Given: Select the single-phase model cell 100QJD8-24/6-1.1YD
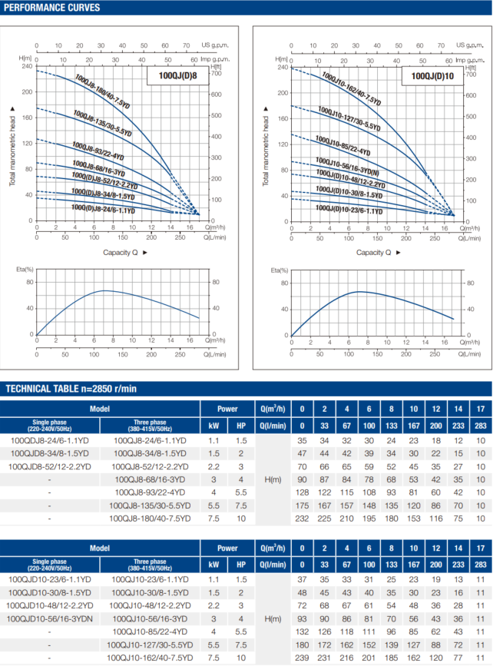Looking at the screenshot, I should [50, 439].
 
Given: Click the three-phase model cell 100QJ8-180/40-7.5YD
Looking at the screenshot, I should [150, 518].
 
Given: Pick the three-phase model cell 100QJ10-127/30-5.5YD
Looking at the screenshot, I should [150, 645].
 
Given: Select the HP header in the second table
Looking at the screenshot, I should [240, 565].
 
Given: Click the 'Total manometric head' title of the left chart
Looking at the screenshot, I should [12, 146].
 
